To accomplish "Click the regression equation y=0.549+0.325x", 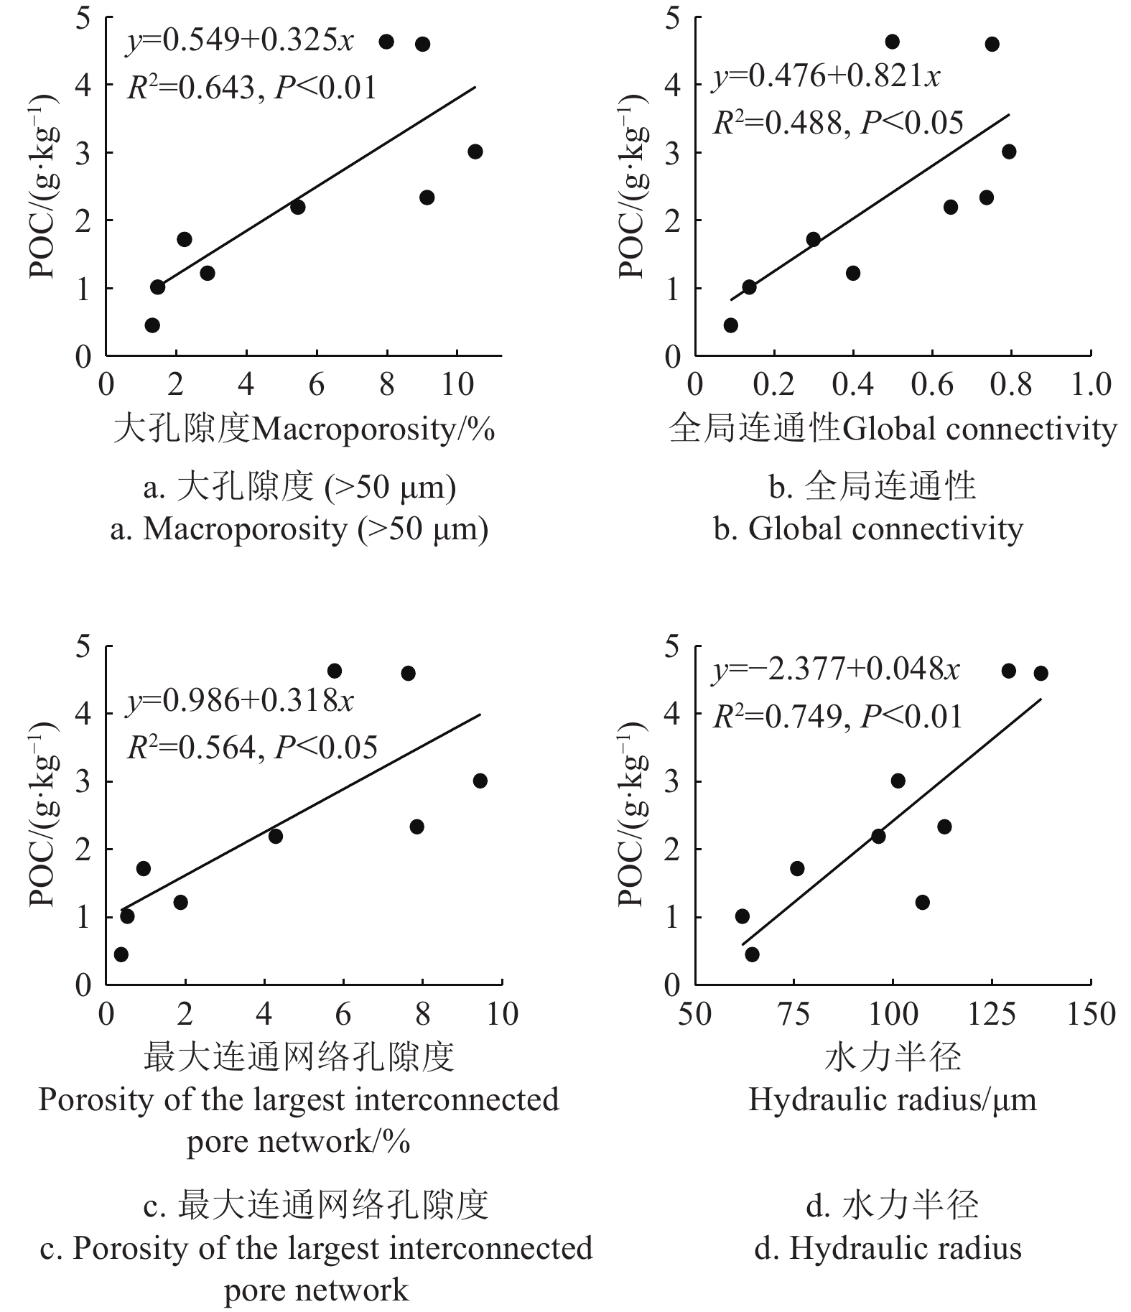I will click(241, 42).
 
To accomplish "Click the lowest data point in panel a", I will click(152, 325).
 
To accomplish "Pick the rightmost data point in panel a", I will click(475, 152).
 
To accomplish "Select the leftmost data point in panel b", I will click(731, 325).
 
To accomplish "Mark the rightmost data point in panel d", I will click(1041, 673).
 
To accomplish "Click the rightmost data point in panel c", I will click(480, 781).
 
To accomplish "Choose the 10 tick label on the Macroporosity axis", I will click(457, 385).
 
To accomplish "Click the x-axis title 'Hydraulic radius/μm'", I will click(893, 1099).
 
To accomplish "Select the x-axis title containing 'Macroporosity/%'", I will click(304, 429).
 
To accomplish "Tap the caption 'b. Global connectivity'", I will click(869, 529).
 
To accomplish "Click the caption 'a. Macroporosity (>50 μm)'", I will click(299, 529).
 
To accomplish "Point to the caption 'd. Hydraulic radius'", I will click(888, 1248).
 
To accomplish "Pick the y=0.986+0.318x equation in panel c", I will click(241, 701).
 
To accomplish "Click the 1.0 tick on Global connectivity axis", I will click(1091, 385).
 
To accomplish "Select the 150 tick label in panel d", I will click(1091, 1014).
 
